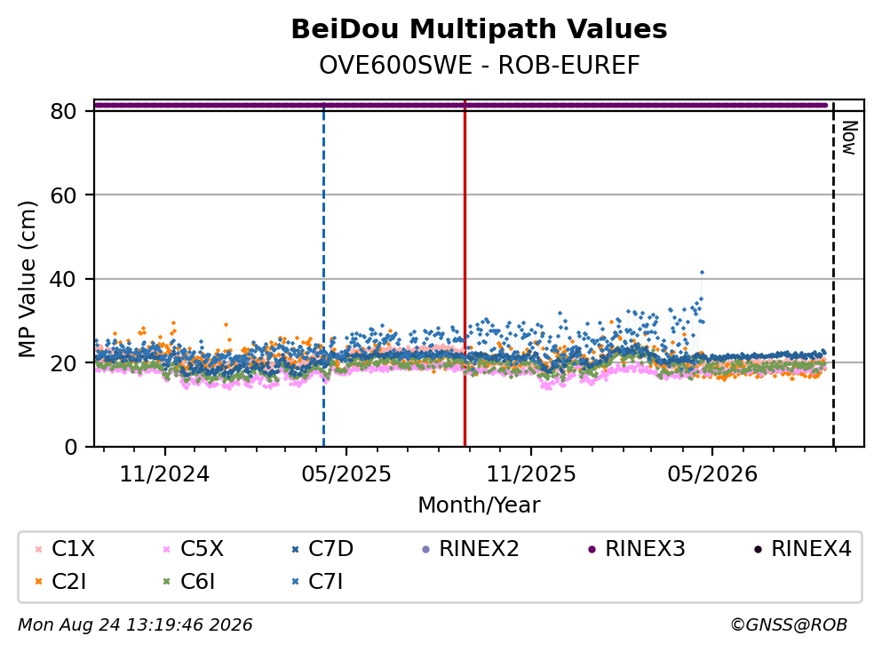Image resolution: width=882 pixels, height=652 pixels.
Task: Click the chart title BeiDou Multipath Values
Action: pos(479,29)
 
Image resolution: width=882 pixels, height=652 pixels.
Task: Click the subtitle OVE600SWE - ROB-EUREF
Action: pos(480,65)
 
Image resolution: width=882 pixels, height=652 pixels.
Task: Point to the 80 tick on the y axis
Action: pos(64,111)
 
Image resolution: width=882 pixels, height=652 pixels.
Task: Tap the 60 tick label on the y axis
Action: pos(64,195)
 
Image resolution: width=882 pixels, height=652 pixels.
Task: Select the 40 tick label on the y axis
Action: pos(64,279)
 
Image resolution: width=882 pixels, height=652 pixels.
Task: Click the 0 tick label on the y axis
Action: pos(71,447)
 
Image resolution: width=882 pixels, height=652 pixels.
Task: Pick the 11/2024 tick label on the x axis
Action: pos(165,474)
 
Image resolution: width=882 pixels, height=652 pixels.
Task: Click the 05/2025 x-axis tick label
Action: pos(346,474)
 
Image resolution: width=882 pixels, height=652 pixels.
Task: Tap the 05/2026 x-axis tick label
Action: pos(712,474)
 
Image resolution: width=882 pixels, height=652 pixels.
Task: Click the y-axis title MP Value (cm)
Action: pos(27,279)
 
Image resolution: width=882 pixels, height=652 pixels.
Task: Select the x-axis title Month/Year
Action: pos(479,505)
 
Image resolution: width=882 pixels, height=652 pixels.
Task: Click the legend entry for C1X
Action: pos(65,548)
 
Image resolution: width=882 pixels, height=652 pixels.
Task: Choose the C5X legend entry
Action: pos(193,548)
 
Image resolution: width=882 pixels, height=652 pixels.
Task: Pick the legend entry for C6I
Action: pos(188,582)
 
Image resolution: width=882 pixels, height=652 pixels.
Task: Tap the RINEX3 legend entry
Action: pos(636,548)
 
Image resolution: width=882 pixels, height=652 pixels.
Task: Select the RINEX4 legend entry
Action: pos(803,548)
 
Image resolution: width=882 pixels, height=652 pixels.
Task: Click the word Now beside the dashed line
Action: pos(849,138)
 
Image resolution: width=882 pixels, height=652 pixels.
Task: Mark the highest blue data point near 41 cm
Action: pos(702,273)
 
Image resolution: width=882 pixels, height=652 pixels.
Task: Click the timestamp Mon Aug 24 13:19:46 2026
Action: pos(135,625)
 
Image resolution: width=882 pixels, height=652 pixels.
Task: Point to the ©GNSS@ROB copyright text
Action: pos(789,625)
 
